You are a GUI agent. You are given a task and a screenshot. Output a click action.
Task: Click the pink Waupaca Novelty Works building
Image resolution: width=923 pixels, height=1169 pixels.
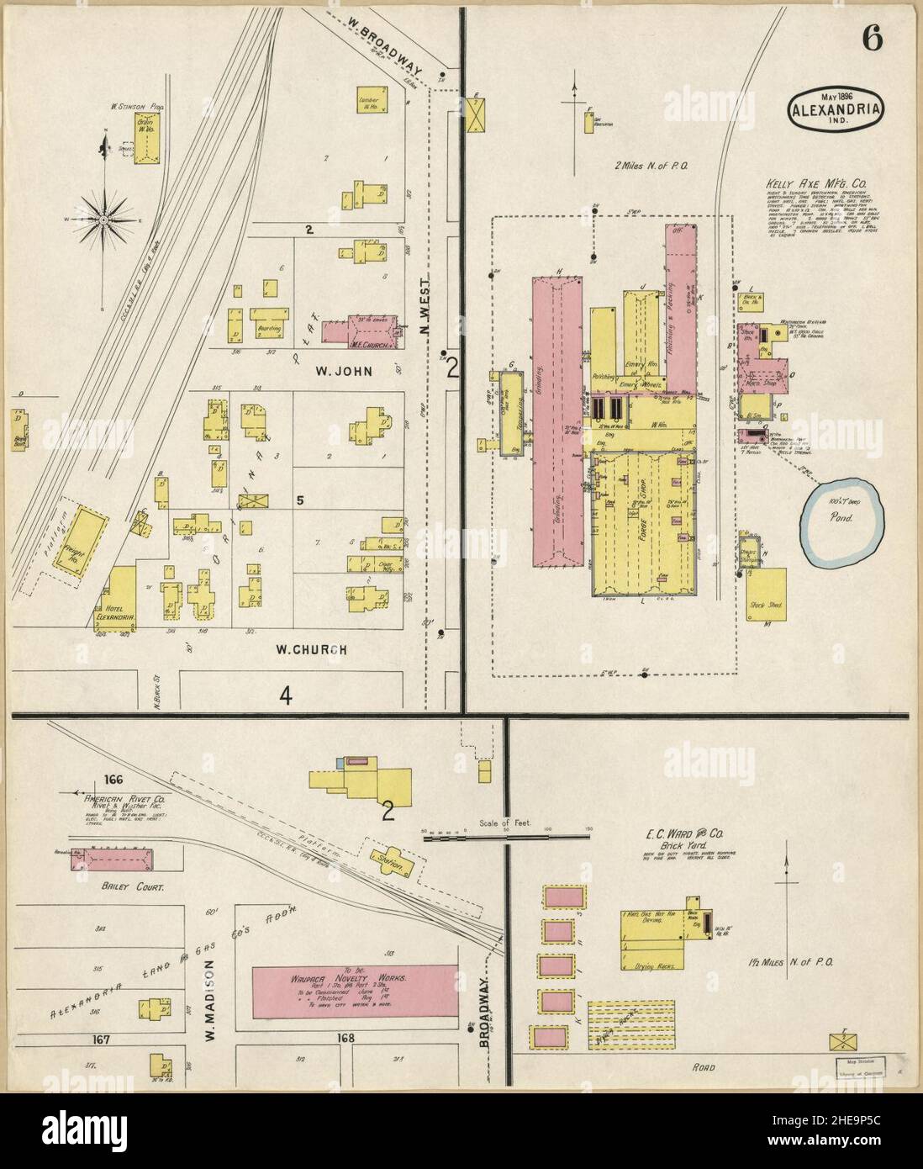(x=356, y=980)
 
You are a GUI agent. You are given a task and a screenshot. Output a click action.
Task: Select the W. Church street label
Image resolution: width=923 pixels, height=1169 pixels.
(x=311, y=649)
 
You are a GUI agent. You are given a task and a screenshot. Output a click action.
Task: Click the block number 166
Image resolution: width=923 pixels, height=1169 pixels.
(x=109, y=779)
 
